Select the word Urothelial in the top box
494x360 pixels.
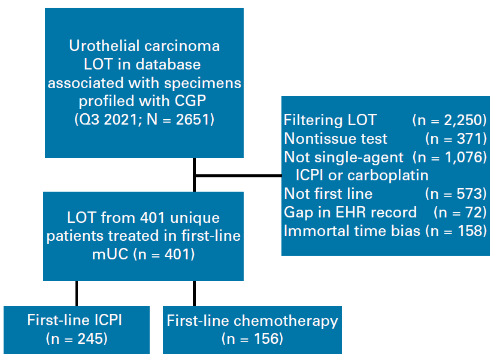click(x=105, y=46)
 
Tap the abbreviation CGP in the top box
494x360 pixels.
click(x=190, y=101)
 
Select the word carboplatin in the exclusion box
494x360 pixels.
click(x=388, y=176)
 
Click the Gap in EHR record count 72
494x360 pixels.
click(x=473, y=212)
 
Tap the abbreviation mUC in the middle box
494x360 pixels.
click(x=110, y=254)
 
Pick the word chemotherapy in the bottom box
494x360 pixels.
click(x=286, y=321)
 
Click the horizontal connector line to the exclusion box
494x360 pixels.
click(x=239, y=176)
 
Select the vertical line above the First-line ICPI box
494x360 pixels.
click(x=77, y=293)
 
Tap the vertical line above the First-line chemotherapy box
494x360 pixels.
click(x=194, y=293)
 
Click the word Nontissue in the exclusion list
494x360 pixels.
click(x=318, y=138)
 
